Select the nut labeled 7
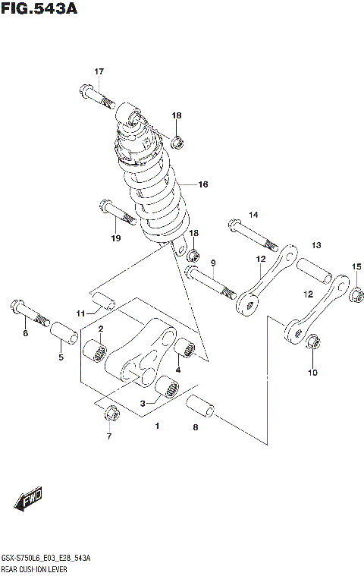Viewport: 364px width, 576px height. click(x=110, y=414)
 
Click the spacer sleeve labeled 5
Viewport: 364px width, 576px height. click(x=64, y=332)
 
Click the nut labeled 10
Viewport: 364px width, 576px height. click(x=314, y=344)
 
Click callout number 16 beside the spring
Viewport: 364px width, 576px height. click(x=202, y=184)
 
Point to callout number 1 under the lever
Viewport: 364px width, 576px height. click(x=157, y=426)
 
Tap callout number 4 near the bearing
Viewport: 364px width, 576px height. click(x=177, y=370)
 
